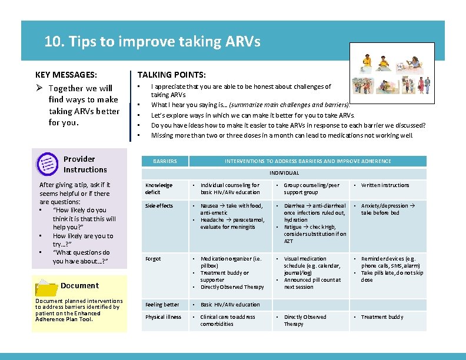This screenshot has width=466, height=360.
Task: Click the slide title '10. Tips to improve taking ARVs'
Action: pyautogui.click(x=152, y=42)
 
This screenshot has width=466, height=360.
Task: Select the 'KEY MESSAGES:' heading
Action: pyautogui.click(x=66, y=75)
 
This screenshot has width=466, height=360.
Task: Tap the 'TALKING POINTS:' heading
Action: pyautogui.click(x=171, y=75)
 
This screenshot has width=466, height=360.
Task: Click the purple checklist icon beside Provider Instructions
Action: pyautogui.click(x=47, y=164)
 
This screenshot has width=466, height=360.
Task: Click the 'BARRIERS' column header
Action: pyautogui.click(x=164, y=161)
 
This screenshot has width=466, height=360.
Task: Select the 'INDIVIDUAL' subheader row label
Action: pyautogui.click(x=284, y=173)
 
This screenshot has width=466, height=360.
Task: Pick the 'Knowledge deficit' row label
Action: pyautogui.click(x=159, y=188)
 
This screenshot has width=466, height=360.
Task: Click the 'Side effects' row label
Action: pyautogui.click(x=159, y=206)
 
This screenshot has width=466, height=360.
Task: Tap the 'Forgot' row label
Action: pyautogui.click(x=153, y=259)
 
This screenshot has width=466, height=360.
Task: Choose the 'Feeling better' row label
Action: pyautogui.click(x=161, y=305)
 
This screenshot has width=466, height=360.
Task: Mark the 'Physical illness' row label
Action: pyautogui.click(x=163, y=317)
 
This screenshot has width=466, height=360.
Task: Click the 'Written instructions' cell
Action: pyautogui.click(x=385, y=185)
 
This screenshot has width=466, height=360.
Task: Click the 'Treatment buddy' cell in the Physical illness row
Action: pyautogui.click(x=382, y=317)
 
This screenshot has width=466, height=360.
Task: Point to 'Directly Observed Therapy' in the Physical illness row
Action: pyautogui.click(x=305, y=321)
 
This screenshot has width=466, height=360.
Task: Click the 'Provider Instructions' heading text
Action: pyautogui.click(x=85, y=164)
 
